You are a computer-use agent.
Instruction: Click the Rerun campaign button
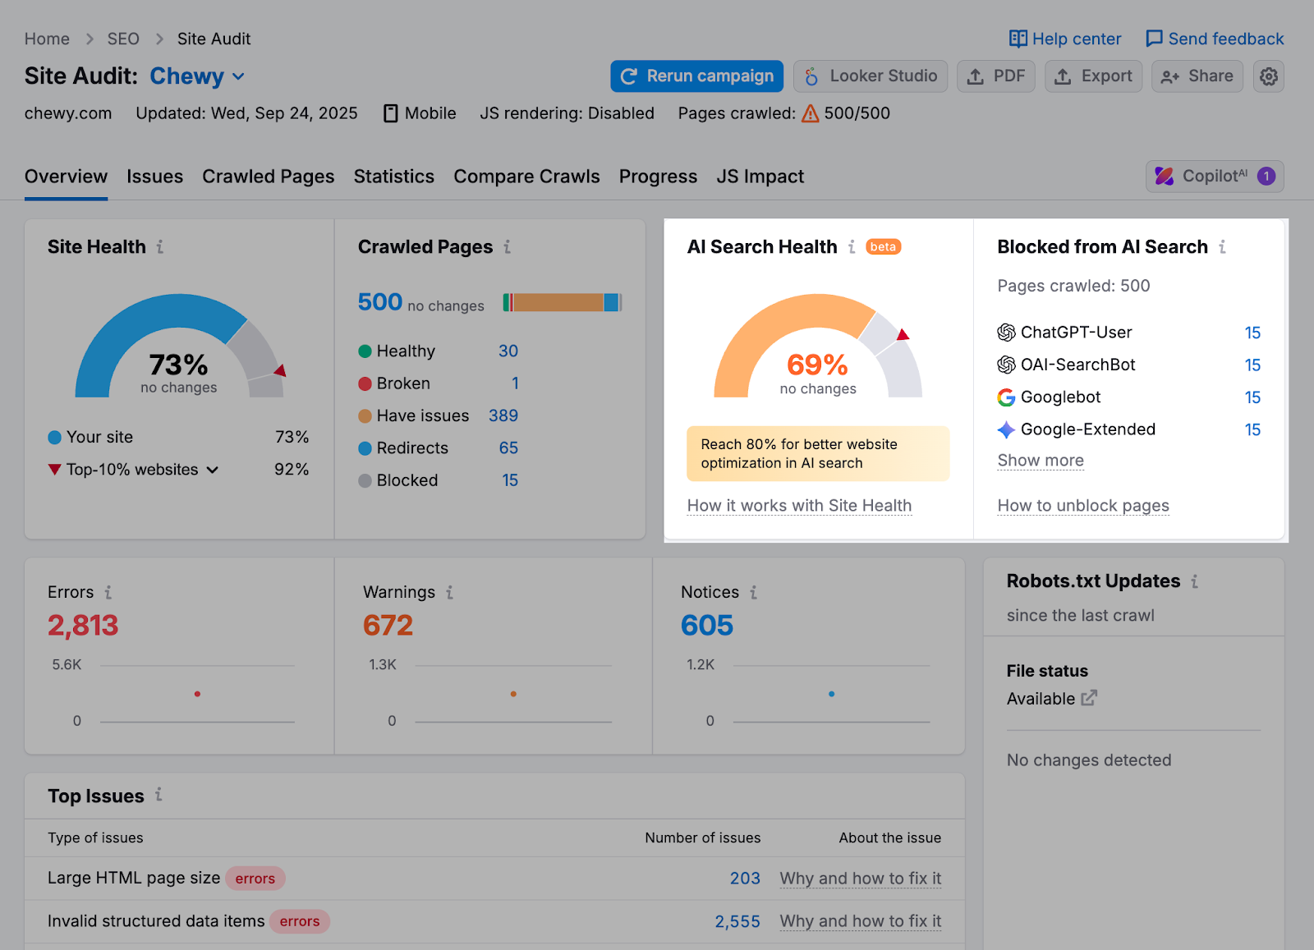click(696, 76)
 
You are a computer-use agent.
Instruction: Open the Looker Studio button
click(871, 76)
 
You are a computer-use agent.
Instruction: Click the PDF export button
click(996, 76)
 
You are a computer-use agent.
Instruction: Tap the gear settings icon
click(1268, 76)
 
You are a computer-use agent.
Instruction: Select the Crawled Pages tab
click(268, 177)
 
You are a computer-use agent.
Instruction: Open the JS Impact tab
click(760, 177)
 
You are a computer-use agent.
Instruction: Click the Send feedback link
click(1215, 39)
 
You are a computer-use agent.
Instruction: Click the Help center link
click(1065, 39)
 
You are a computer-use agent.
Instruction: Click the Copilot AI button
click(1215, 177)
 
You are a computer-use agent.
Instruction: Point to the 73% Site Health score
click(178, 365)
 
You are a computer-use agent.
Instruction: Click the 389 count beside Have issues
click(503, 415)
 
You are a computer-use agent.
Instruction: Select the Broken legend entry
click(402, 383)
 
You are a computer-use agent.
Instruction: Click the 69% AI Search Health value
click(817, 365)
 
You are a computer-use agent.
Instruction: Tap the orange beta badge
click(883, 247)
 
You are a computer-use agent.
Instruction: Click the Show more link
click(1041, 461)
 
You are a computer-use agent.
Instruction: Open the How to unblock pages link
click(1082, 506)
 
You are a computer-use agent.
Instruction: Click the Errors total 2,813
click(83, 626)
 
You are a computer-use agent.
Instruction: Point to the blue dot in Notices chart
click(831, 694)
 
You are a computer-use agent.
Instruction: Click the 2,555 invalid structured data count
click(737, 921)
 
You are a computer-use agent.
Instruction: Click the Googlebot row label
click(1060, 397)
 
